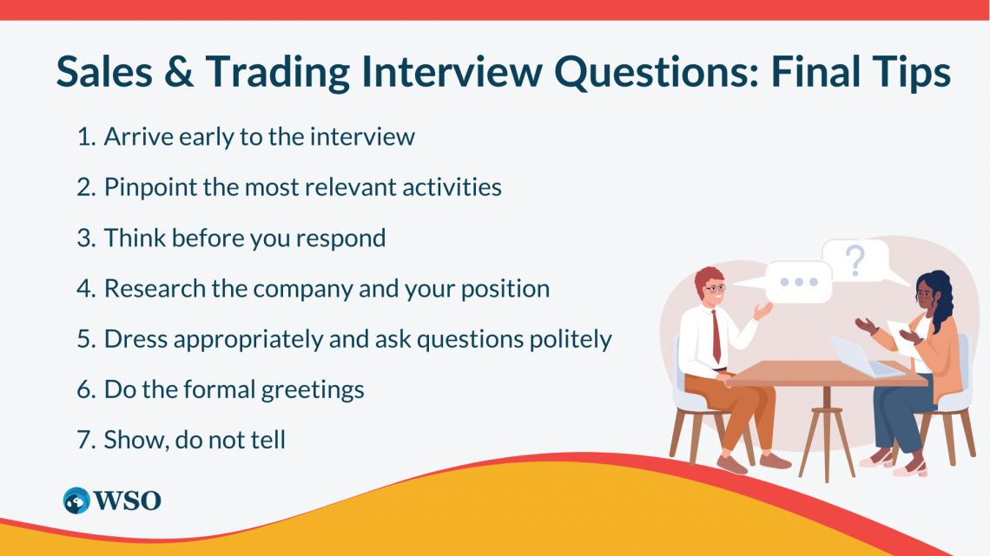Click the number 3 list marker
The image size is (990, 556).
pyautogui.click(x=84, y=239)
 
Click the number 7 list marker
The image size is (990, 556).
pyautogui.click(x=84, y=440)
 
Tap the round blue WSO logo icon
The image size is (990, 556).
pyautogui.click(x=77, y=500)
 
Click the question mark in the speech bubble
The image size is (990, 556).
pyautogui.click(x=856, y=258)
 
